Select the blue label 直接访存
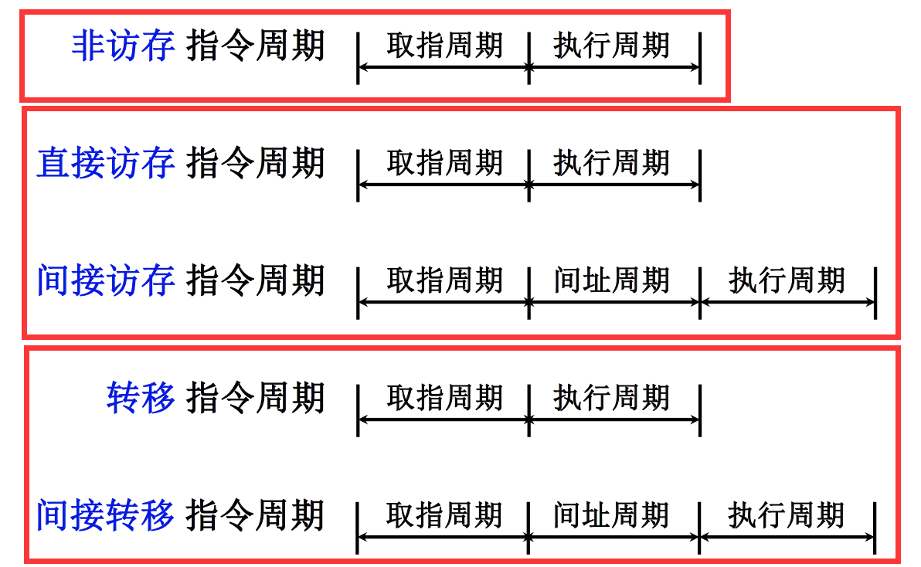pos(106,164)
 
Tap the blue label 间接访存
pos(106,280)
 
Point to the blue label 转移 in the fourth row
pos(141,399)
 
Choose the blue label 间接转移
pos(106,515)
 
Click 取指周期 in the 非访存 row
pos(444,45)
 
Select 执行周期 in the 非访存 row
pos(611,45)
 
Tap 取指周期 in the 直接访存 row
pos(444,163)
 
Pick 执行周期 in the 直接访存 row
pos(611,163)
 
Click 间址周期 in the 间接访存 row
pos(611,280)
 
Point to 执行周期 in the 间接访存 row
pos(787,280)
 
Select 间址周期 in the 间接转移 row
pos(611,514)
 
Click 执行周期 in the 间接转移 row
pos(787,514)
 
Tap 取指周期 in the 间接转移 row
pos(444,514)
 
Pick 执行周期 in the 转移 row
pos(611,398)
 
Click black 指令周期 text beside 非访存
pos(256,46)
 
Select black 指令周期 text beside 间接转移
pos(256,515)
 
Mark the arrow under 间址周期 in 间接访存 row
pos(614,303)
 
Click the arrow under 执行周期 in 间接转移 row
pos(787,538)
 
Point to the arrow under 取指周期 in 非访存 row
pos(444,68)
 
